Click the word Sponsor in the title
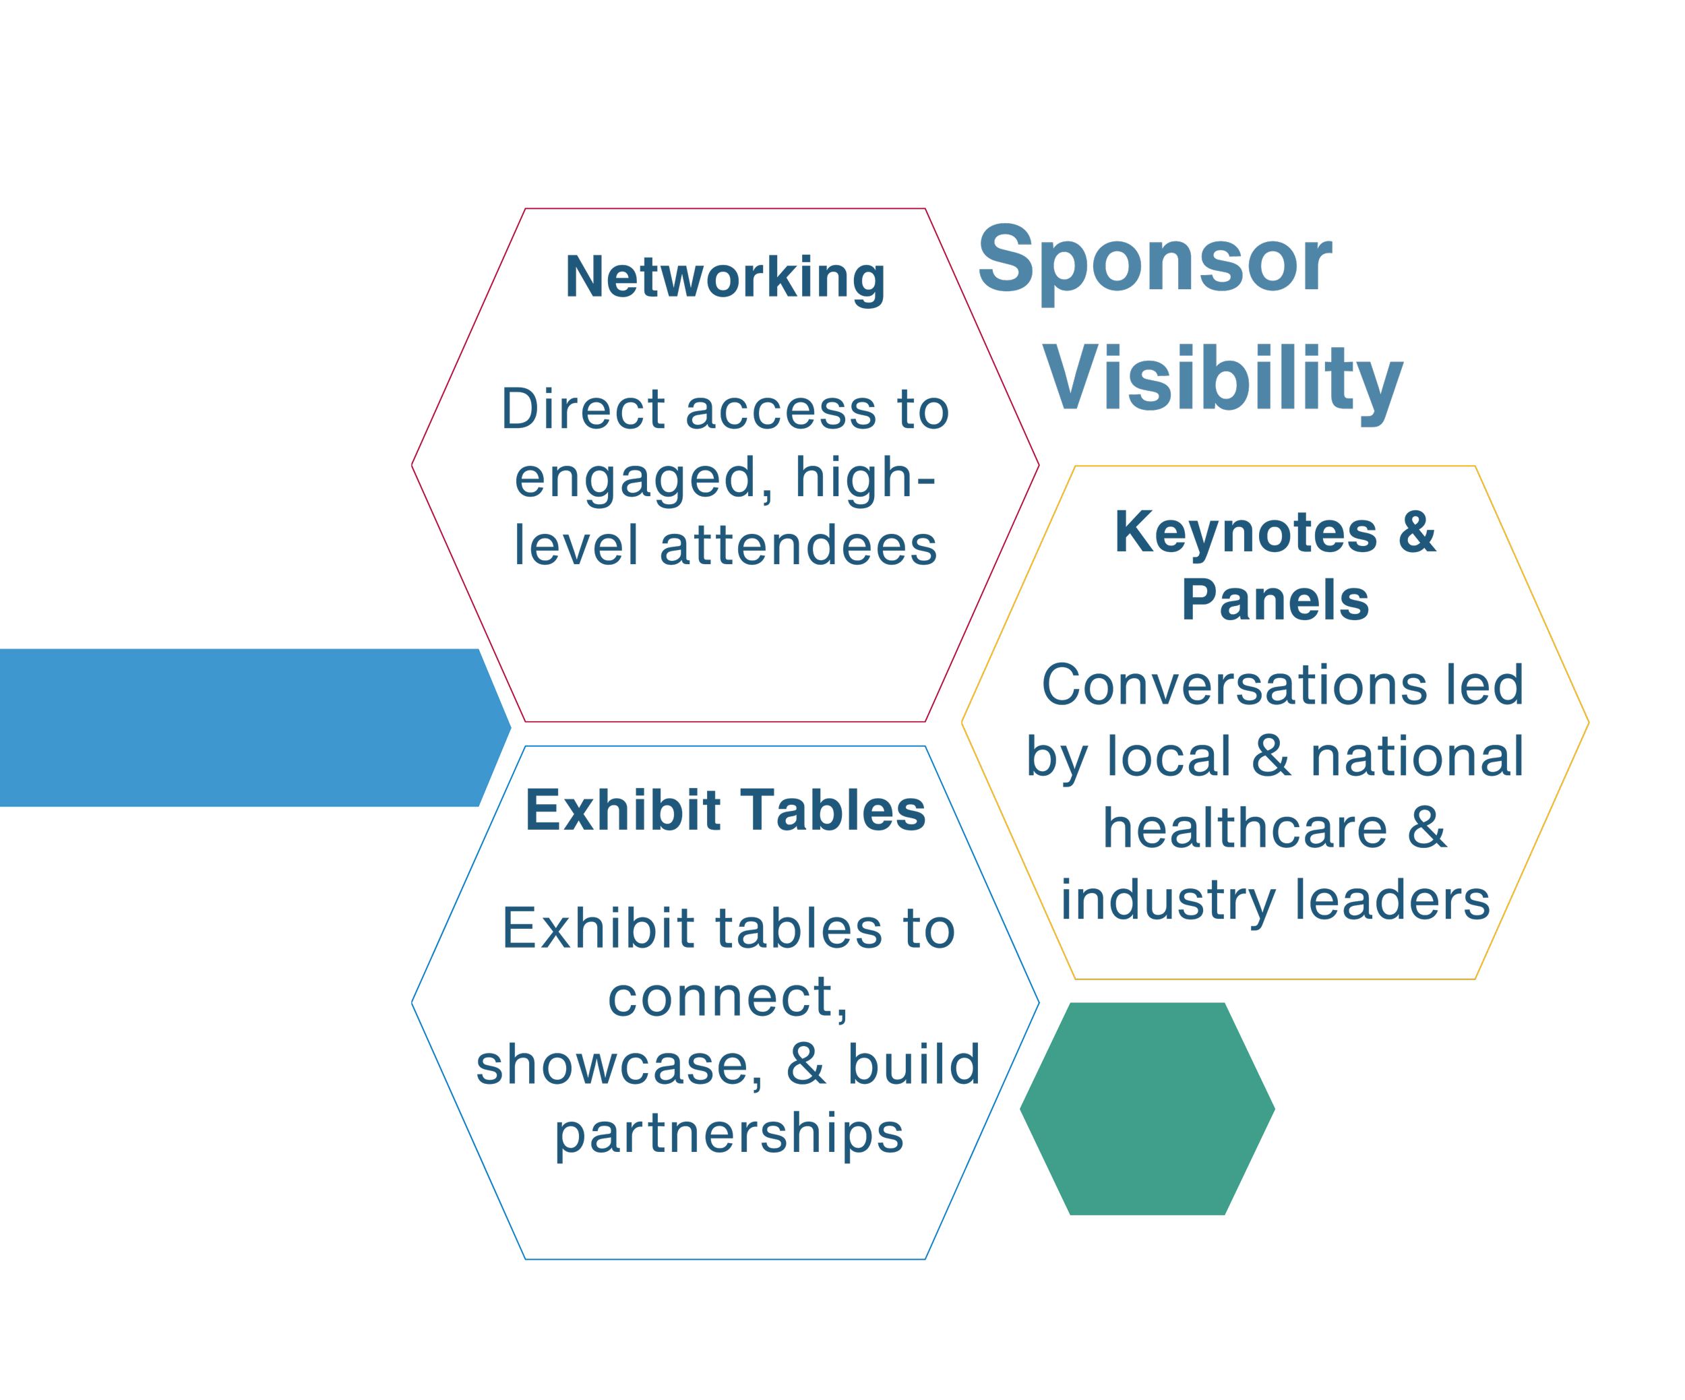tap(1155, 260)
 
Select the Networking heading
tap(725, 278)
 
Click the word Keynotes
tap(1246, 532)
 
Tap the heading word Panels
tap(1275, 600)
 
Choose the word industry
tap(1167, 900)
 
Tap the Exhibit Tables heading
tap(725, 810)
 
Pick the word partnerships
tap(729, 1134)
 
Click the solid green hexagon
tap(1146, 1109)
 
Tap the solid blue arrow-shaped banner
tap(241, 728)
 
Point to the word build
tap(914, 1066)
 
